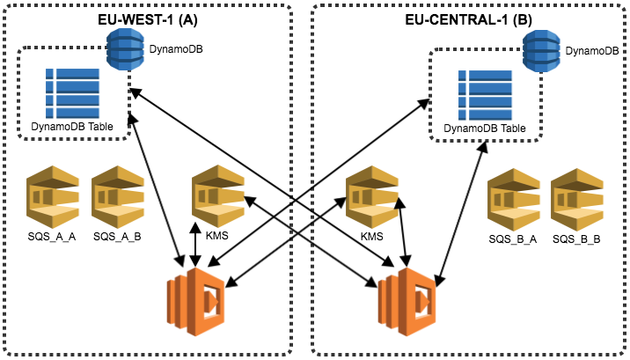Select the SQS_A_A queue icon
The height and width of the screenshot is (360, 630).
coord(53,197)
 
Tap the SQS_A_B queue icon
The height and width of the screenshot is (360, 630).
coord(117,197)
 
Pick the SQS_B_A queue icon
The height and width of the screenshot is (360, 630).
coord(514,200)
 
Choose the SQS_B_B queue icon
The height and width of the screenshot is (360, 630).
coord(576,200)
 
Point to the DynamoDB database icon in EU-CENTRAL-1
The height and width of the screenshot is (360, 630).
coord(541,53)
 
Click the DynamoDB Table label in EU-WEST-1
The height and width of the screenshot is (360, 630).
coord(74,126)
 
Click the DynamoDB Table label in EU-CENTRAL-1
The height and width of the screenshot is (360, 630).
coord(484,129)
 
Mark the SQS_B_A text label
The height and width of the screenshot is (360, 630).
coord(513,239)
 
